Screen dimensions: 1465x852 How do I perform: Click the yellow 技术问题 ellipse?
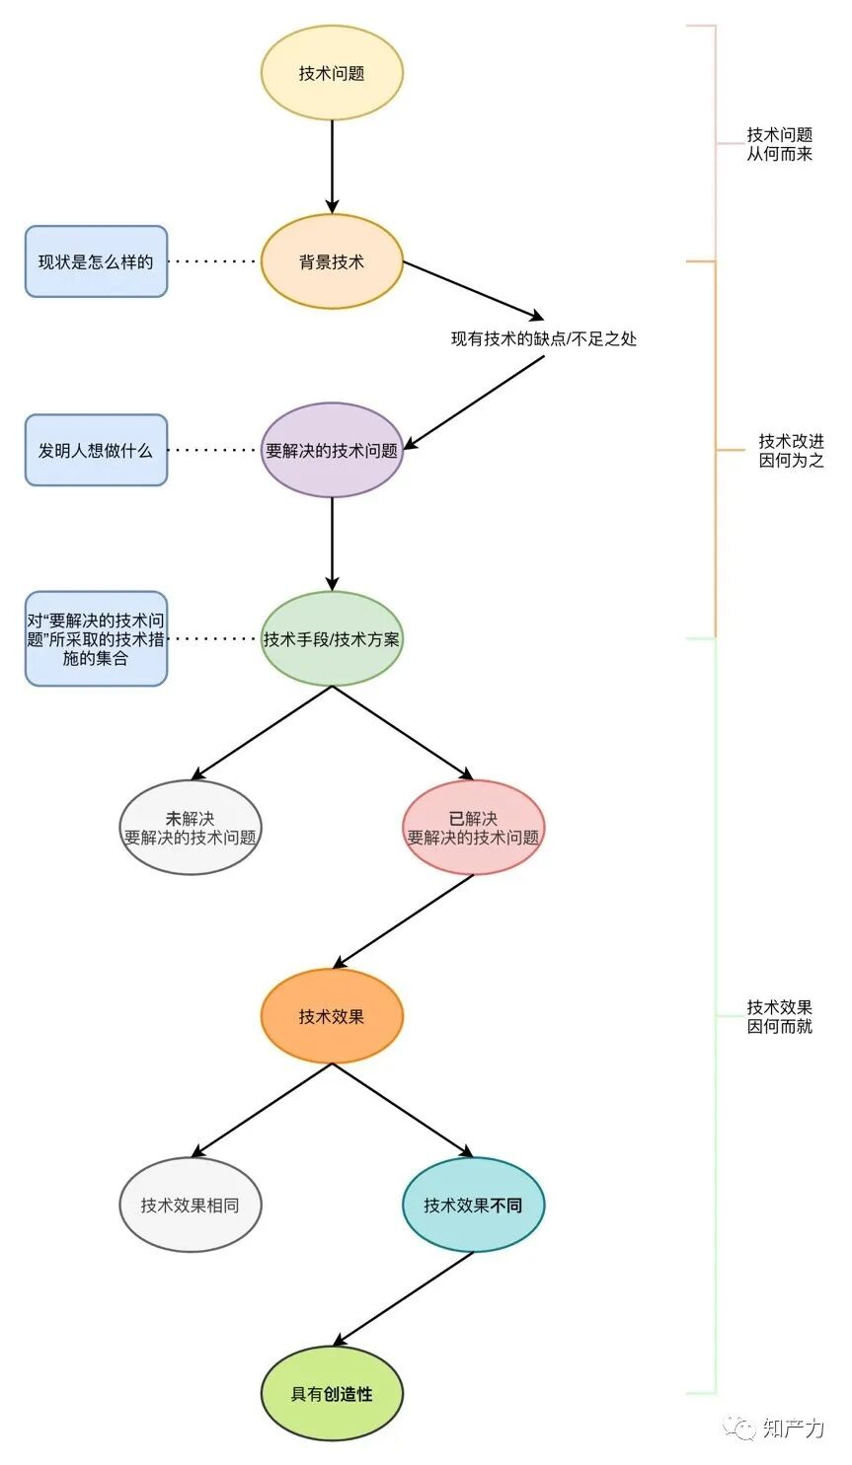click(332, 73)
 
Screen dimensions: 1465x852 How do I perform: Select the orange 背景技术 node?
click(332, 261)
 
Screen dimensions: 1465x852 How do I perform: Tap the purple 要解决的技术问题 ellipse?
click(332, 450)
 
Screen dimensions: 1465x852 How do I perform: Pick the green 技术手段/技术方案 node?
click(332, 638)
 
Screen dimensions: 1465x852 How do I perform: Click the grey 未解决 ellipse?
click(190, 828)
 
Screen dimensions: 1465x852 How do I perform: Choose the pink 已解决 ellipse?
click(473, 828)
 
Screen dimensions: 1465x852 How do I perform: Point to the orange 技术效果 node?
click(332, 1016)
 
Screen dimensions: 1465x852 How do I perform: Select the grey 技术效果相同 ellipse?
click(190, 1205)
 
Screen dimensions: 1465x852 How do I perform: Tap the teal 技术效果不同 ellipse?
click(473, 1205)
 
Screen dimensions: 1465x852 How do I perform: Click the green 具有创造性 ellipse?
click(332, 1393)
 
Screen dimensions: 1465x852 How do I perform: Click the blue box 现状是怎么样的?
click(96, 261)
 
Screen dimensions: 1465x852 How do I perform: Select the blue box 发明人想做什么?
click(96, 450)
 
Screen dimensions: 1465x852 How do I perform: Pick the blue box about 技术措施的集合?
click(96, 638)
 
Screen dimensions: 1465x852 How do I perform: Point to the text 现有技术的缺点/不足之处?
click(544, 338)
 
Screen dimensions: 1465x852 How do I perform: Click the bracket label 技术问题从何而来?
click(779, 144)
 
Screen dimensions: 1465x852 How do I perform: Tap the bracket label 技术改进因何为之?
click(791, 451)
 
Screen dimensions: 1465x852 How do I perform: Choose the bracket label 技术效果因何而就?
click(779, 1016)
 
